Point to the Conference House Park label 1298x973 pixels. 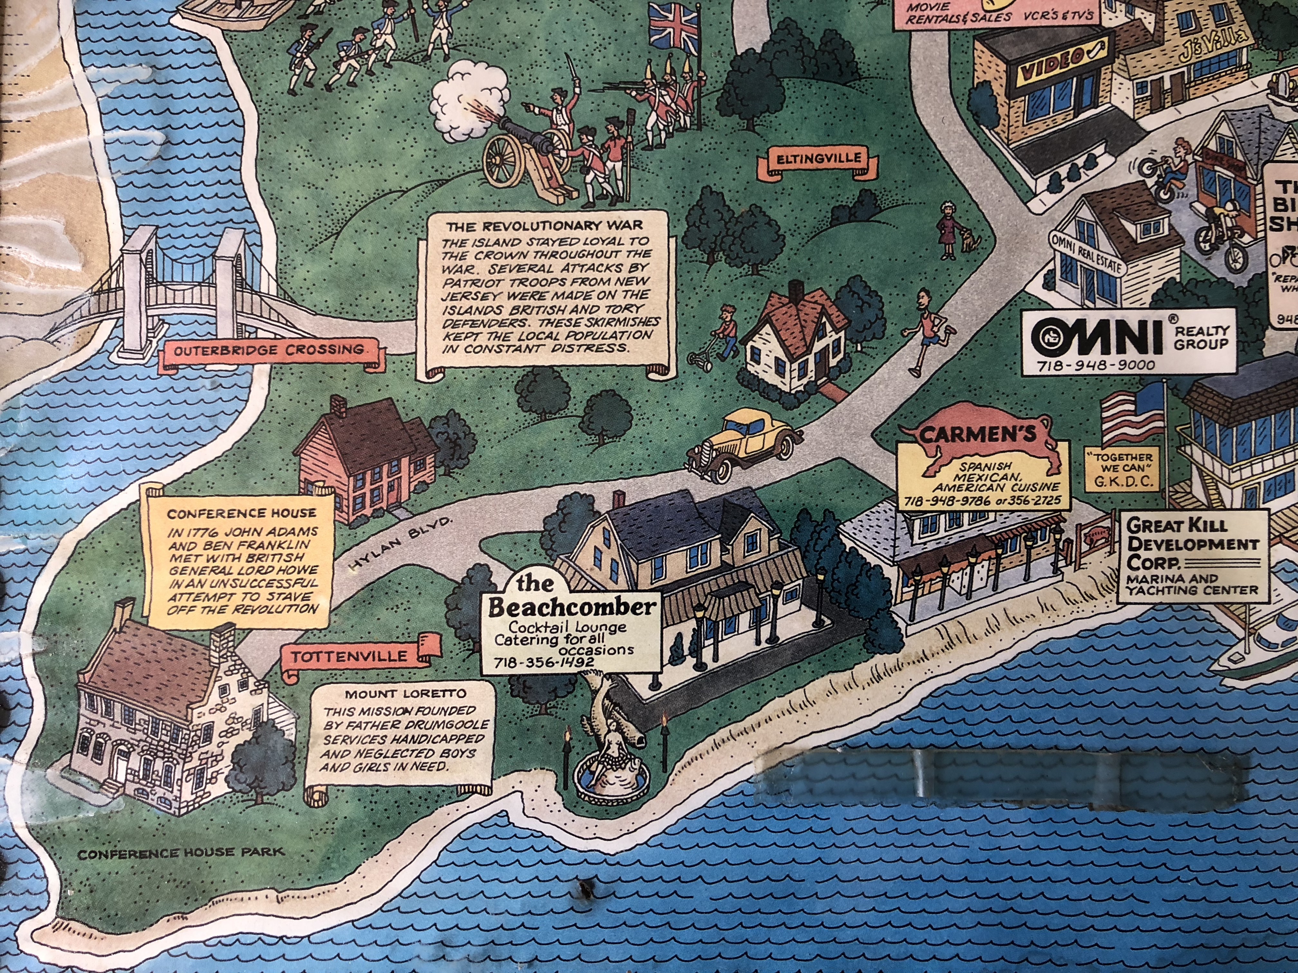[x=181, y=853]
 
